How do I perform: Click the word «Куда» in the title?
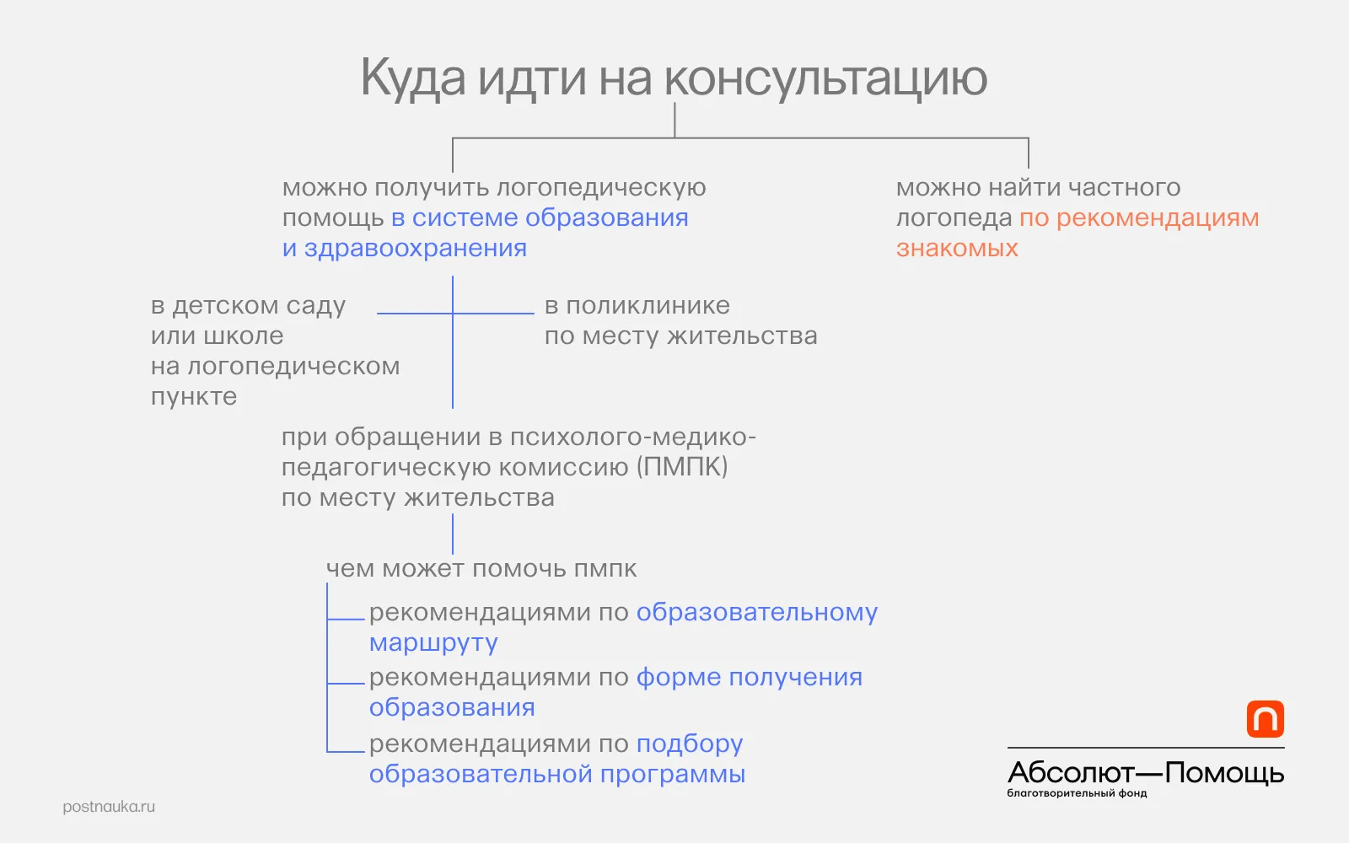413,79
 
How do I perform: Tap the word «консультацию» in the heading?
825,78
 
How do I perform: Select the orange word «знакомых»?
957,248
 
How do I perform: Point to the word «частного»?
1125,187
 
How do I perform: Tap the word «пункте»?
194,397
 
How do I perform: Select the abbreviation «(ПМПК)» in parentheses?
682,467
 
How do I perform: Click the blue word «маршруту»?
433,643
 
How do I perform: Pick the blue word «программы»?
673,774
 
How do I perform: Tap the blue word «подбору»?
691,744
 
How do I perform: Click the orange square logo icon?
1266,719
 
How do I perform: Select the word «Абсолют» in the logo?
1071,772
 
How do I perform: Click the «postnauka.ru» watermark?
109,807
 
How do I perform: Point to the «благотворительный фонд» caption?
1077,793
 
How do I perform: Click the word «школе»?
244,336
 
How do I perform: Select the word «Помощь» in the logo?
1225,773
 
